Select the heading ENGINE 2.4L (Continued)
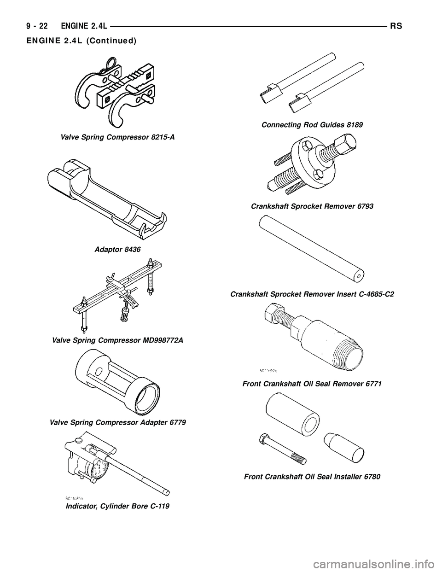point(77,41)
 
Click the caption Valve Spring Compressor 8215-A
point(117,137)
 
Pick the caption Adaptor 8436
point(117,249)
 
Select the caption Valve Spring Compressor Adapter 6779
point(118,422)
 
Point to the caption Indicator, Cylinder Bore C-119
point(117,506)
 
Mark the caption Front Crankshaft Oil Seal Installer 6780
point(312,477)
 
